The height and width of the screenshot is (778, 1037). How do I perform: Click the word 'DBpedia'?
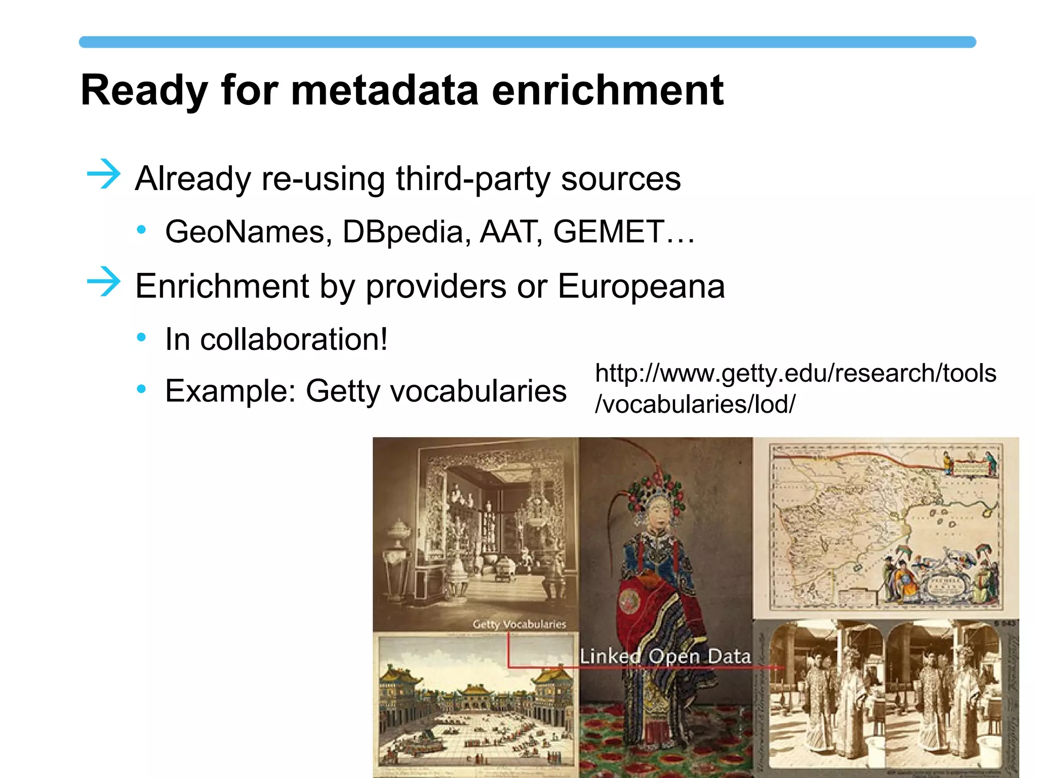[403, 232]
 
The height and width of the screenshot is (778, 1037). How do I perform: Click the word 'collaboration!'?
[294, 339]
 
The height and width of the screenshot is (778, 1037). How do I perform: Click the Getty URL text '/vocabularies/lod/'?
[695, 404]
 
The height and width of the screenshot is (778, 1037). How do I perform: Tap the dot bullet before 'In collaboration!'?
[141, 337]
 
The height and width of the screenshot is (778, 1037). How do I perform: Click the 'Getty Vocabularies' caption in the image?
[519, 624]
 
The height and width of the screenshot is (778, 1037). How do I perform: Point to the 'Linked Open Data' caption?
[665, 656]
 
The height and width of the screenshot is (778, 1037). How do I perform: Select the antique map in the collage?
[886, 527]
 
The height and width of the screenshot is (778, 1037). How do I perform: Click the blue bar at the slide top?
[527, 42]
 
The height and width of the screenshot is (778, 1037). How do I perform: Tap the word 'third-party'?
[472, 179]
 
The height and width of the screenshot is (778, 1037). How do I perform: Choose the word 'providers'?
[435, 287]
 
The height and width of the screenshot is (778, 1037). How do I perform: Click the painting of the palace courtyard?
[476, 704]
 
